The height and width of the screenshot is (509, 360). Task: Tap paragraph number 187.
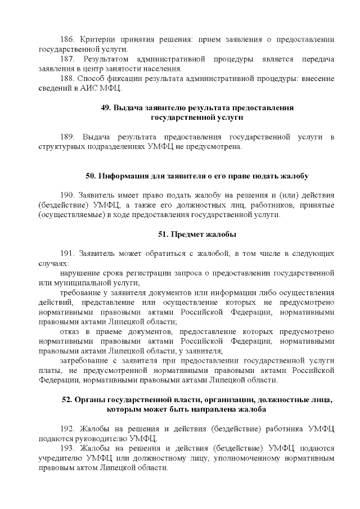(66, 59)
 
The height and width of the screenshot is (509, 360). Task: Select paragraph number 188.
(66, 79)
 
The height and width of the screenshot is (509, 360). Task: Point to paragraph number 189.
(67, 137)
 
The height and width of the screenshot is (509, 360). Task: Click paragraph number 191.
(67, 254)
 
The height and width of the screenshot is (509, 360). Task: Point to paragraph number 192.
(67, 429)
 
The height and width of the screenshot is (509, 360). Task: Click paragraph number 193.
(67, 448)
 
